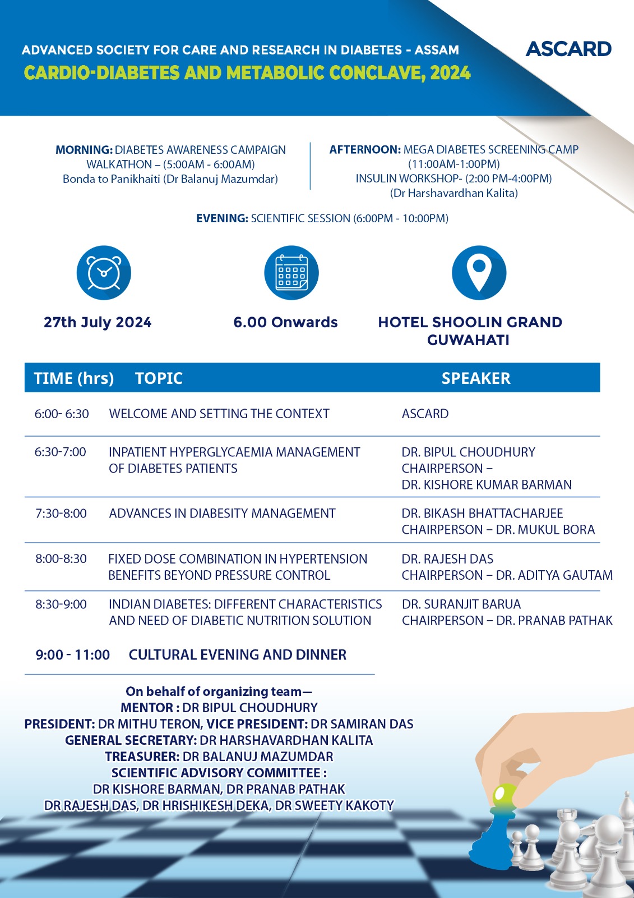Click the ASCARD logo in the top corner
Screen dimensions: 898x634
pyautogui.click(x=568, y=49)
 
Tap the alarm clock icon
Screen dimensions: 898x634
pyautogui.click(x=104, y=273)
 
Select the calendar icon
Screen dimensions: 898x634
pyautogui.click(x=291, y=273)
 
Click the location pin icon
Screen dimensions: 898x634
pyautogui.click(x=479, y=273)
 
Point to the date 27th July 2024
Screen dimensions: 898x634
pyautogui.click(x=98, y=323)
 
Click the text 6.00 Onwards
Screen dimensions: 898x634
pyautogui.click(x=285, y=323)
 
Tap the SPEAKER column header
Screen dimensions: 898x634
pyautogui.click(x=476, y=378)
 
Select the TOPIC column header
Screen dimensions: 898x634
pyautogui.click(x=159, y=378)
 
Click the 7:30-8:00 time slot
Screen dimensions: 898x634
pyautogui.click(x=61, y=514)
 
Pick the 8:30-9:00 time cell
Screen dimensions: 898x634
pyautogui.click(x=61, y=604)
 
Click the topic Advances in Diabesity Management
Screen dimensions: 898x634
pyautogui.click(x=222, y=514)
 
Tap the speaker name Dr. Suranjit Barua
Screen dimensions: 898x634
pyautogui.click(x=461, y=604)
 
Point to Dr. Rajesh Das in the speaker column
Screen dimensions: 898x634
pyautogui.click(x=447, y=559)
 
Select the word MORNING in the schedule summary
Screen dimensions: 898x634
pyautogui.click(x=84, y=150)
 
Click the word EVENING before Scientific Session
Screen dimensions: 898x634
pyautogui.click(x=222, y=218)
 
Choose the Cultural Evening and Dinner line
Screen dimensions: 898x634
pyautogui.click(x=237, y=655)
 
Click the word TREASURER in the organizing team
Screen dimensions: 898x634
pyautogui.click(x=142, y=757)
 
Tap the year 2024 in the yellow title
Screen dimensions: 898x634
pyautogui.click(x=450, y=73)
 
